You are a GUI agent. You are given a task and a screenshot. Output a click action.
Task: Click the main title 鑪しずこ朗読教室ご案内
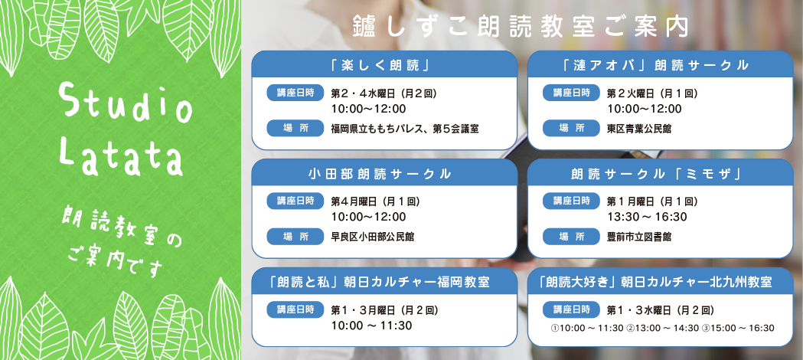point(520,28)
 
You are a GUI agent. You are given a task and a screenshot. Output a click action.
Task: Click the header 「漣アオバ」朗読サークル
point(660,65)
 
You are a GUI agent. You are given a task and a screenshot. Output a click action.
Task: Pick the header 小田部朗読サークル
point(380,174)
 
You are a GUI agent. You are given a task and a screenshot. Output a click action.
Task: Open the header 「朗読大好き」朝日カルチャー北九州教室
point(660,282)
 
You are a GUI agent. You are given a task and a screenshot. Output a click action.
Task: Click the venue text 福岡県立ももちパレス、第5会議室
point(405,129)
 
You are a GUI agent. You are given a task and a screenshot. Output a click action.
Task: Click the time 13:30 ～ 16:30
point(647,217)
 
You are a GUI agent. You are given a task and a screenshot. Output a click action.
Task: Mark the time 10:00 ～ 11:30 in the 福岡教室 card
point(371,326)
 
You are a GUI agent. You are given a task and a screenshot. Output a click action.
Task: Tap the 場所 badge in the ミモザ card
point(571,236)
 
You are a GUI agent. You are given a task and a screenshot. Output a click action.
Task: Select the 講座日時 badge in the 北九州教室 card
point(571,309)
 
